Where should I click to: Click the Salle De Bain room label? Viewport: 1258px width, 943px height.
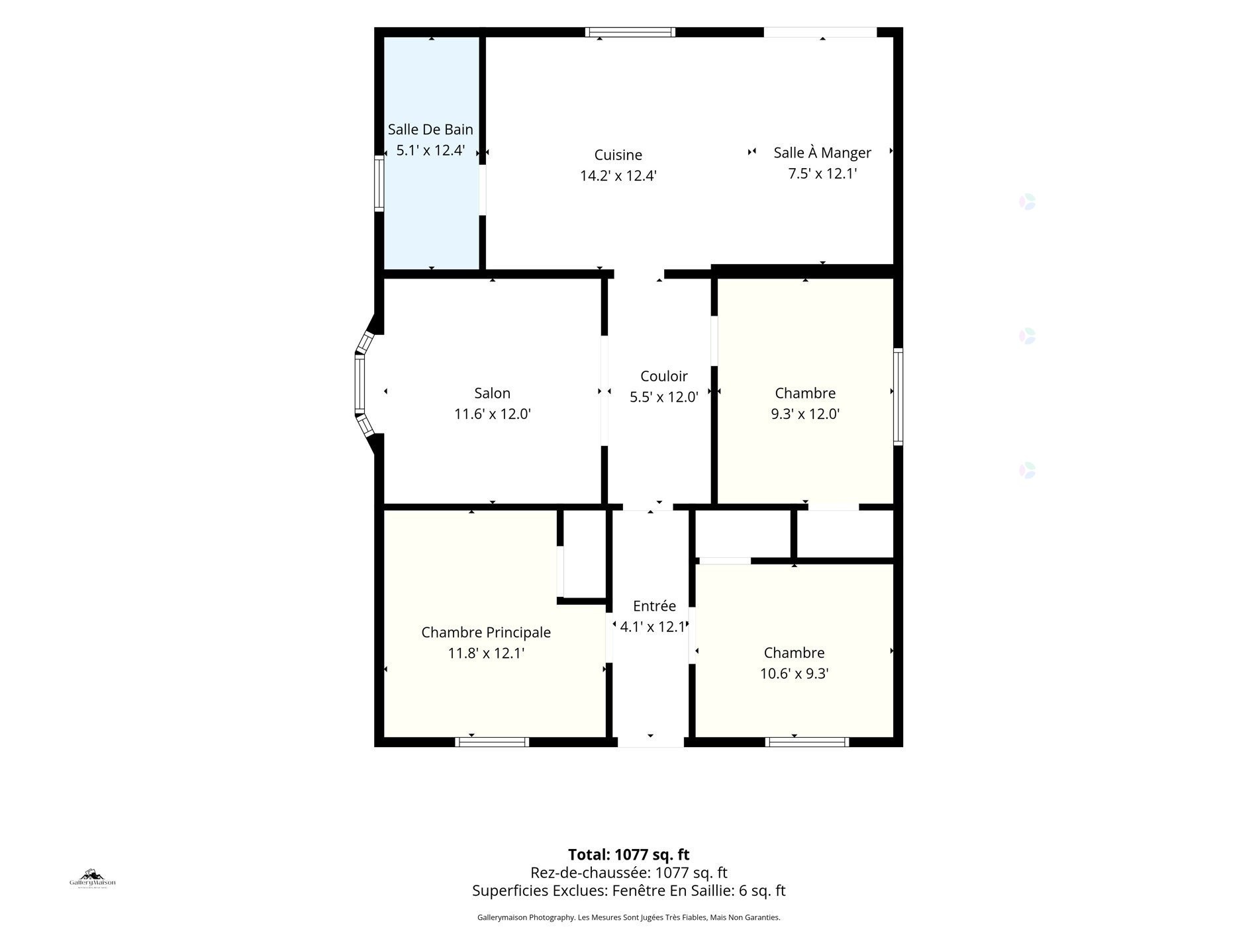(430, 129)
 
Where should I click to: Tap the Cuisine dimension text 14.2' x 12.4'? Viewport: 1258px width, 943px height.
(618, 176)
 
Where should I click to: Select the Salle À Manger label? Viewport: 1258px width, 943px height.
(822, 152)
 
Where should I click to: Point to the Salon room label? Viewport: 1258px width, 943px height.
(492, 393)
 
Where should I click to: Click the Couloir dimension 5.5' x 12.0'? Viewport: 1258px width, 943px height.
(663, 397)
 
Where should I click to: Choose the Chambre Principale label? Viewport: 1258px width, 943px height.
(486, 633)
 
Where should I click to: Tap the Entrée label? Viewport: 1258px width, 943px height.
(654, 606)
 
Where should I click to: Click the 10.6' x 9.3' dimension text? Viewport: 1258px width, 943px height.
(794, 674)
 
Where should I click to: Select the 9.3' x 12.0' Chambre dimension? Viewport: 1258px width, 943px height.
(805, 414)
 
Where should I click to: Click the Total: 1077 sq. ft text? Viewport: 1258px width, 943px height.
(629, 854)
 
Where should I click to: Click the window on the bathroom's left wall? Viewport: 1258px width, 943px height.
(379, 183)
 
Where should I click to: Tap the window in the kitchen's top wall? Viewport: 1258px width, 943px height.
(630, 32)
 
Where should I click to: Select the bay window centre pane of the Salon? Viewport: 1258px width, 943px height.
(360, 384)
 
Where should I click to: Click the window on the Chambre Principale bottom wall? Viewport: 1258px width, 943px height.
(492, 742)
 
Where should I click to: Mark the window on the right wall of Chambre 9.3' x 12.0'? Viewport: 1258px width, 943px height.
(898, 396)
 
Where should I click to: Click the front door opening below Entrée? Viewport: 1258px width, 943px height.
(651, 742)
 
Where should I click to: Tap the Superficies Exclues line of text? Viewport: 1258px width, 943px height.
(629, 891)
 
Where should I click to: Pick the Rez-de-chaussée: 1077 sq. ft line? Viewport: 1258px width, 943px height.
(629, 873)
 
